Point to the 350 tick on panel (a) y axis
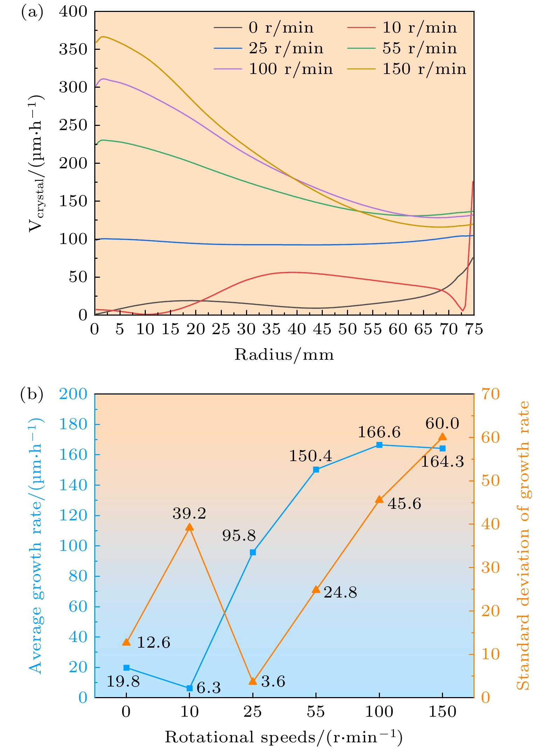(x=73, y=49)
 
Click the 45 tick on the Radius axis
(x=322, y=329)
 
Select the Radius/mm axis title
(x=284, y=355)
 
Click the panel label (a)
(x=32, y=13)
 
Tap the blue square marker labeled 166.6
(x=379, y=445)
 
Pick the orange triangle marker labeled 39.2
(x=190, y=527)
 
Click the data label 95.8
(x=239, y=535)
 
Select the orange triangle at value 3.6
(x=253, y=681)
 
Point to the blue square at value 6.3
(x=190, y=688)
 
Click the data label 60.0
(x=442, y=424)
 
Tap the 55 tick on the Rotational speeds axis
(x=316, y=712)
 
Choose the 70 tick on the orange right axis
(x=490, y=394)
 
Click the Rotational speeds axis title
(x=284, y=737)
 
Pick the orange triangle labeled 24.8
(x=316, y=589)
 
